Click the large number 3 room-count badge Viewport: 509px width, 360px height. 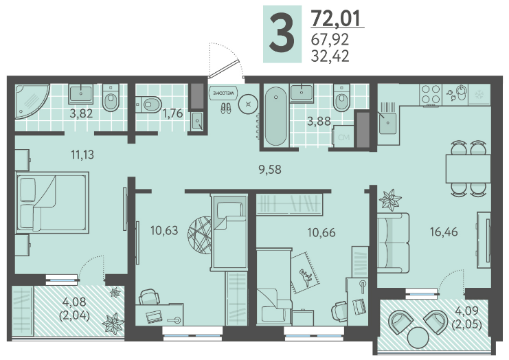pos(282,34)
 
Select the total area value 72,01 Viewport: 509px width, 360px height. pos(336,18)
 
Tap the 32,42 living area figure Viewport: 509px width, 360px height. pos(330,56)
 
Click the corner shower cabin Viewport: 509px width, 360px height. pos(32,101)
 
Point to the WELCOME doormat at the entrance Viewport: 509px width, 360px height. pos(223,93)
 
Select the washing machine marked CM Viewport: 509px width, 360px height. pos(343,136)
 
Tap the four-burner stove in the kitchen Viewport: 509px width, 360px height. pos(431,94)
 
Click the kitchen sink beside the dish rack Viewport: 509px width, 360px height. pos(387,124)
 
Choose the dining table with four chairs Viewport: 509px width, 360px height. pos(468,168)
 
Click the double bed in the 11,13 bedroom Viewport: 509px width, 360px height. pos(52,203)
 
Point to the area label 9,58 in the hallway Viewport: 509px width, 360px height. pos(270,170)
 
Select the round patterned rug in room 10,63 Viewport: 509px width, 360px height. pos(199,235)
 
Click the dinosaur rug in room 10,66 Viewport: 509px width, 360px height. pos(306,273)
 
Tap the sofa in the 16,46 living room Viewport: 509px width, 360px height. pos(393,242)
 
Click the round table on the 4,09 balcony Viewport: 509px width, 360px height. pos(418,338)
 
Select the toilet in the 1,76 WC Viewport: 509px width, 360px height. pos(148,104)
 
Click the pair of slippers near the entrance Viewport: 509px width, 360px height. pos(226,108)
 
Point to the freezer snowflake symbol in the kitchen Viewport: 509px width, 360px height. pos(479,95)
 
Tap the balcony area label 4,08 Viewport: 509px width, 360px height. pos(74,302)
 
